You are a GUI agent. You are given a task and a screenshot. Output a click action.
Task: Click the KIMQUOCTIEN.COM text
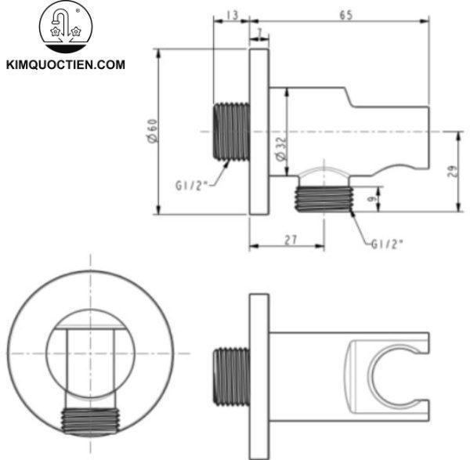click(65, 65)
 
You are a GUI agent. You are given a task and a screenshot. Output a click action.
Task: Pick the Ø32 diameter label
click(280, 149)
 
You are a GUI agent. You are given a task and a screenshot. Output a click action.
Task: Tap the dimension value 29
click(454, 172)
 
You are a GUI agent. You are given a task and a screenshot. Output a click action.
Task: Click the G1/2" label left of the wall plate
click(192, 187)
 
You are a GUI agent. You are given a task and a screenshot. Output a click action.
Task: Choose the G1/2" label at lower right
click(386, 244)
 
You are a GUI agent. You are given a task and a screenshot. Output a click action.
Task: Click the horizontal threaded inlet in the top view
click(232, 130)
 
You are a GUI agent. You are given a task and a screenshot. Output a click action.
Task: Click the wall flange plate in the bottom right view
click(259, 376)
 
